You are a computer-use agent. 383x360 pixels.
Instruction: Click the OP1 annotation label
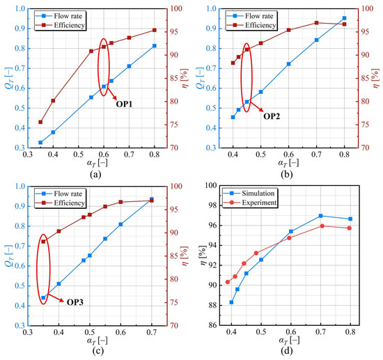124,104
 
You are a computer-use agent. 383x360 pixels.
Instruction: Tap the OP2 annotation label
272,116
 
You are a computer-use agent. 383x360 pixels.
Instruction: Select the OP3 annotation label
75,302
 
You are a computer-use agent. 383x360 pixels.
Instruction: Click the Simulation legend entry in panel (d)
250,194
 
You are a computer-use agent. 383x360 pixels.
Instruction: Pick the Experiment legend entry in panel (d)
250,203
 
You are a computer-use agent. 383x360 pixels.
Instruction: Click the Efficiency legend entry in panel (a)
61,25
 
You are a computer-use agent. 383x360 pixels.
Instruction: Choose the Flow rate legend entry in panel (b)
251,16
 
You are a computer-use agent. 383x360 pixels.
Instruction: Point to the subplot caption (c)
97,351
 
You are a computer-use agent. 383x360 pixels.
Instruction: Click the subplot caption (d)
286,351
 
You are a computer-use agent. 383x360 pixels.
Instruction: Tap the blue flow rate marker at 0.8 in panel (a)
155,46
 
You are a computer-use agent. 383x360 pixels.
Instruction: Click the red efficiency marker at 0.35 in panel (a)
40,122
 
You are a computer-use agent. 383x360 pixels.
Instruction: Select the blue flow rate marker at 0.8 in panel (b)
345,18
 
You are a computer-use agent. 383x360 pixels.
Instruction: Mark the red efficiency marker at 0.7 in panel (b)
317,23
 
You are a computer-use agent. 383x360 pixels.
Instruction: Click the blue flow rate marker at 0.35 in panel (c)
43,298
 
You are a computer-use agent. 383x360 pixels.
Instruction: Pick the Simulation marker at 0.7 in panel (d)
321,216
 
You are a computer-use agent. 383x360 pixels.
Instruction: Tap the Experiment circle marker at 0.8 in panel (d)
350,228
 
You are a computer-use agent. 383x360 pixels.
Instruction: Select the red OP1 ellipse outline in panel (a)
98,67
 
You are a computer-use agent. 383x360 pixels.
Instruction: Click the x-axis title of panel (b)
288,163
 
